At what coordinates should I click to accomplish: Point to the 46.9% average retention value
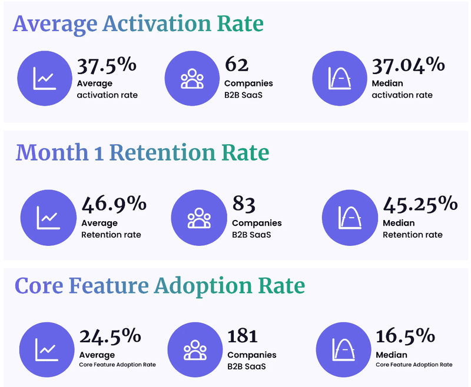coord(114,204)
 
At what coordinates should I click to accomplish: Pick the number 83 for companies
coord(244,204)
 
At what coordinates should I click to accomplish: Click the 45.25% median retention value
coord(420,204)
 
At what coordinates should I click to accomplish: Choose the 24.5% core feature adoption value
coord(110,336)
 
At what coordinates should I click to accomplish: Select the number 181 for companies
coord(242,336)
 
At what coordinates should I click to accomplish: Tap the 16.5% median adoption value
coord(405,336)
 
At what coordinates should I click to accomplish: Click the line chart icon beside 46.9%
coord(48,217)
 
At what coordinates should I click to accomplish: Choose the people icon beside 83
coord(199,217)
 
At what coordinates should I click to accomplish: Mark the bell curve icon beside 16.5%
coord(344,349)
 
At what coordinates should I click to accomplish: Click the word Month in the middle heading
coord(52,152)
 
